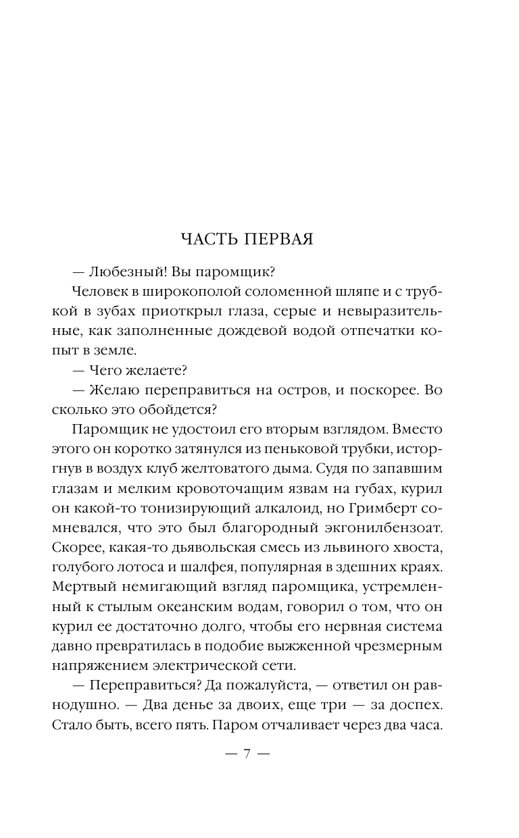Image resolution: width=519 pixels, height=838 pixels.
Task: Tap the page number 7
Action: tap(247, 754)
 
